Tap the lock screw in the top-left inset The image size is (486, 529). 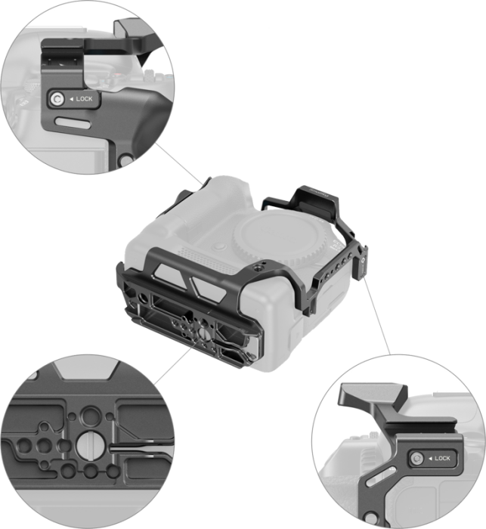[57, 99]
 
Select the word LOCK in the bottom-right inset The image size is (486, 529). [441, 458]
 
